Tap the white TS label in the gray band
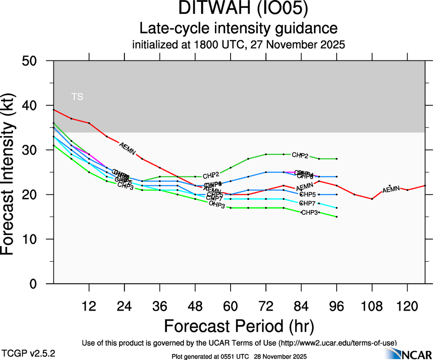click(x=77, y=97)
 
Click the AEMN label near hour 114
click(x=391, y=189)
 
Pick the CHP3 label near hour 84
click(x=309, y=212)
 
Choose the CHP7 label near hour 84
click(x=307, y=203)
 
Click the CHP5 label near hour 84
click(x=308, y=194)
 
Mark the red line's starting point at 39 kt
click(x=54, y=110)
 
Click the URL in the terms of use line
click(x=337, y=343)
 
